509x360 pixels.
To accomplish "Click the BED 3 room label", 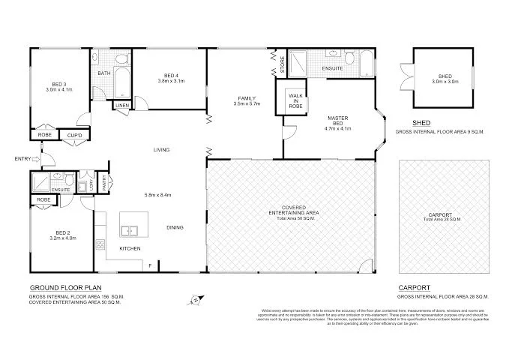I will pyautogui.click(x=58, y=83).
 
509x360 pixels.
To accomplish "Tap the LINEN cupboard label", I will pyautogui.click(x=121, y=106).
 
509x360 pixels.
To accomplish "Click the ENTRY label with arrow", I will pyautogui.click(x=22, y=158).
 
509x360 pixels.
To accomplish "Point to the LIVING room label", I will pyautogui.click(x=162, y=150).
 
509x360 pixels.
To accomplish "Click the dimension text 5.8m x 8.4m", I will pyautogui.click(x=158, y=195).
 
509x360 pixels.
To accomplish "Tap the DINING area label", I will pyautogui.click(x=175, y=227).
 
